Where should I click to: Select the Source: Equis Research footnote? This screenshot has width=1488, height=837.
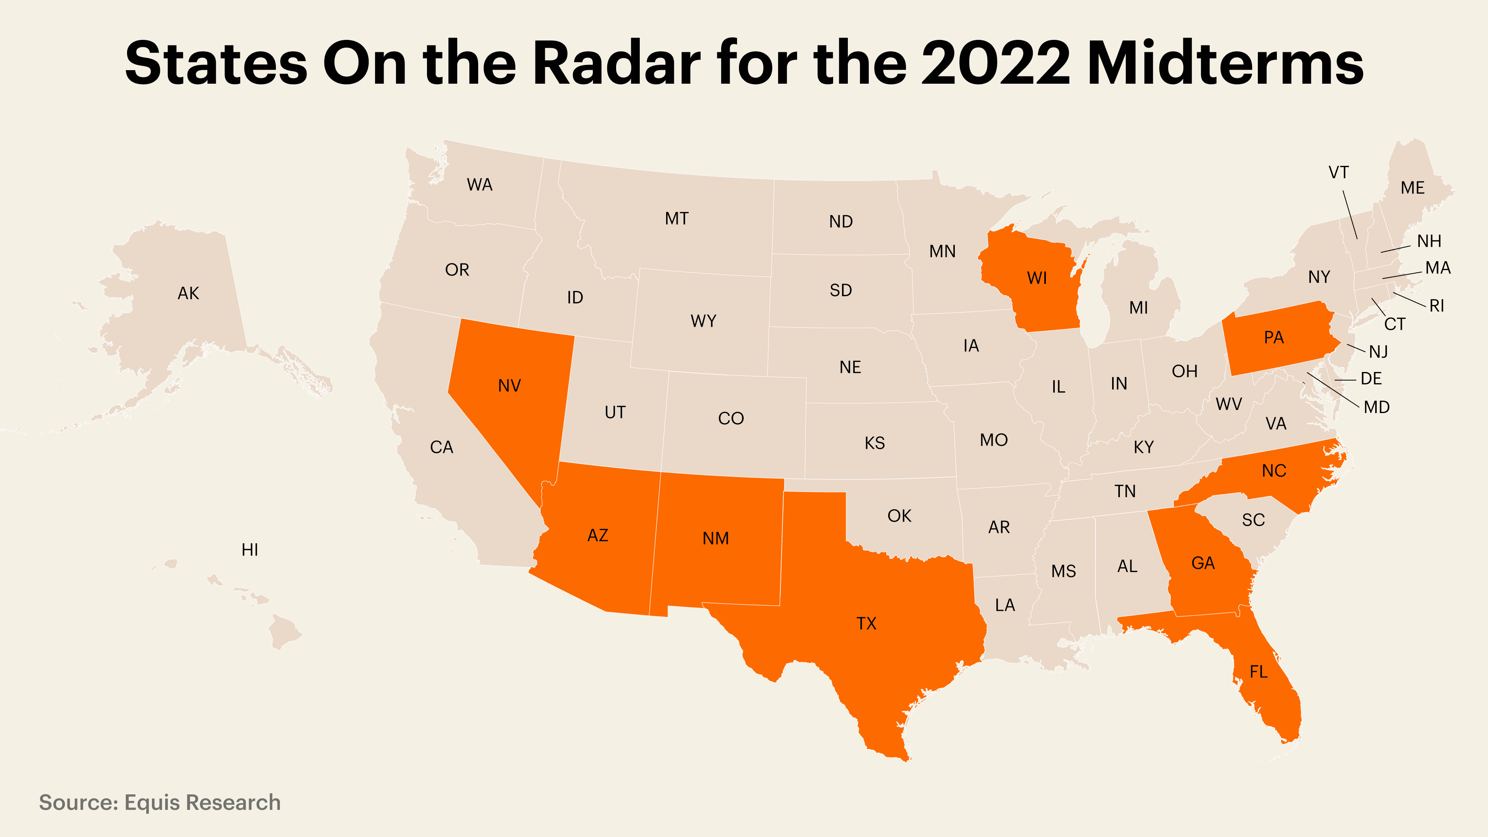coord(159,803)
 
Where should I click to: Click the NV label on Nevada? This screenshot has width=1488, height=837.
coord(510,385)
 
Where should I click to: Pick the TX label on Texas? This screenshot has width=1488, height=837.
coord(866,623)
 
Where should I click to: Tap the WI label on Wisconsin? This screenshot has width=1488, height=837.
coord(1037,278)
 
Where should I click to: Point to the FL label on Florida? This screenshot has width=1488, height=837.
coord(1258,671)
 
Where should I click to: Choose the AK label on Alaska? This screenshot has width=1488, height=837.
coord(188,293)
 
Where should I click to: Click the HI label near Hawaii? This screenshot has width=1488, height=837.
coord(250,549)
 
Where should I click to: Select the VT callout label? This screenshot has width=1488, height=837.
coord(1338,172)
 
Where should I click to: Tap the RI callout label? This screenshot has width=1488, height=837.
coord(1436,306)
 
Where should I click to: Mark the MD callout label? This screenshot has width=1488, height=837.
coord(1376,407)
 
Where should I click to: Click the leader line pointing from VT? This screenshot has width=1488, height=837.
coord(1350,214)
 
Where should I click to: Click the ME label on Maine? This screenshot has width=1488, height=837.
coord(1412,188)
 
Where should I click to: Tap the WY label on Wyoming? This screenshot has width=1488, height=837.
coord(703,320)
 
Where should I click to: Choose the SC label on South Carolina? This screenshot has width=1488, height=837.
coord(1253,520)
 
